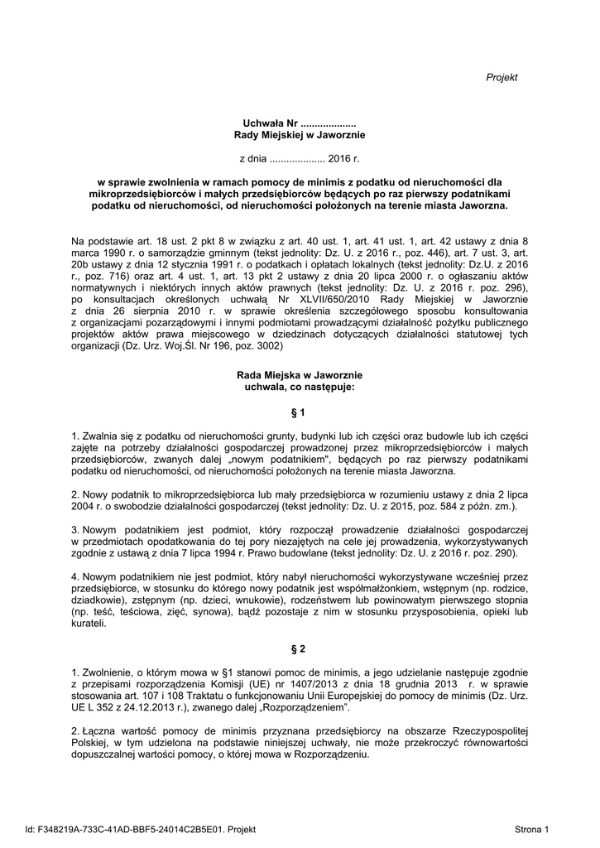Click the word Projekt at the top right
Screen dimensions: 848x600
click(501, 77)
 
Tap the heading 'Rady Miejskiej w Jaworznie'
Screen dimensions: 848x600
click(300, 134)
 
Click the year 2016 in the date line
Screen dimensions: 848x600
click(339, 157)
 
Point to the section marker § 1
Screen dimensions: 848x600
click(300, 412)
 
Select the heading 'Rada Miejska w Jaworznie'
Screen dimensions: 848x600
click(300, 375)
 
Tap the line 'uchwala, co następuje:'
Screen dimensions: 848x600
click(300, 387)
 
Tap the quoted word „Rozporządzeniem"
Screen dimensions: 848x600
click(309, 709)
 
